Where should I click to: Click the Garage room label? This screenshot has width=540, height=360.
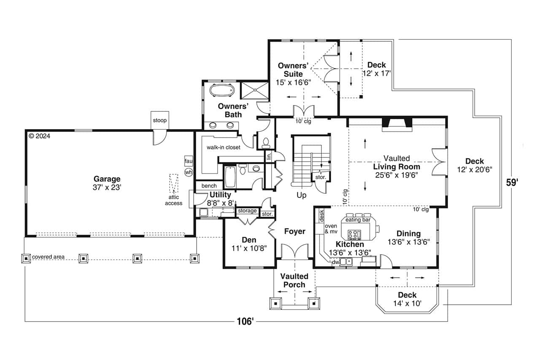point(107,179)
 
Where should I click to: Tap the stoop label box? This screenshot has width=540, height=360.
point(160,120)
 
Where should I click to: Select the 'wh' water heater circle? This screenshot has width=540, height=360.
point(189,172)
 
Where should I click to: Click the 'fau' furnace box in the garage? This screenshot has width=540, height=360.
point(189,161)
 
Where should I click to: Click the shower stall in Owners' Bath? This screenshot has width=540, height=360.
point(254,90)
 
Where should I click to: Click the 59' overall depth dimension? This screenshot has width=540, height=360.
point(512,183)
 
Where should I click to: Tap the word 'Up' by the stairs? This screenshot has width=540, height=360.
point(301,195)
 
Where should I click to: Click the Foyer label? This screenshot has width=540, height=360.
point(294,231)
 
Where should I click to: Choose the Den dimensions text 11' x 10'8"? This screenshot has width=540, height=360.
point(249,248)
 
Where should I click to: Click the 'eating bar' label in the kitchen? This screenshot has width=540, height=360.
point(358,220)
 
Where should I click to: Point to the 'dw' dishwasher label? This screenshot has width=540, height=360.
point(336,262)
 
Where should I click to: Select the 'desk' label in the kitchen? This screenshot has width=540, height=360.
point(321,215)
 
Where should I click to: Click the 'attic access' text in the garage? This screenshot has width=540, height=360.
point(174,200)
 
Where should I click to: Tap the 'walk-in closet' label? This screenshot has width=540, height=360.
point(223,147)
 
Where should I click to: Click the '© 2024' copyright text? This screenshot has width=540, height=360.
point(39,136)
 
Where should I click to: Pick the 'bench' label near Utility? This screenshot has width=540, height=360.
point(209,186)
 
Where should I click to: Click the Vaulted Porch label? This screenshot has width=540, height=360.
point(294,280)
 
